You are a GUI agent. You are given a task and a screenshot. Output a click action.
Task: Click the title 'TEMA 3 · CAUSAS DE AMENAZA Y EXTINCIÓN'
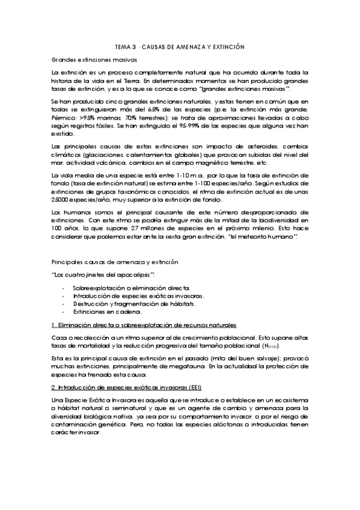coord(180,46)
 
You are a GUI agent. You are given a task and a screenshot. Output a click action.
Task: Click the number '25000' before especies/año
coord(61,200)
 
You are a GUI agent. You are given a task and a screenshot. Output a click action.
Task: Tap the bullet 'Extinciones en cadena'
coord(108,312)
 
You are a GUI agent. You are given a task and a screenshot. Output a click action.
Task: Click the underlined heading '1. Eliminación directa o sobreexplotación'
coord(144,325)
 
